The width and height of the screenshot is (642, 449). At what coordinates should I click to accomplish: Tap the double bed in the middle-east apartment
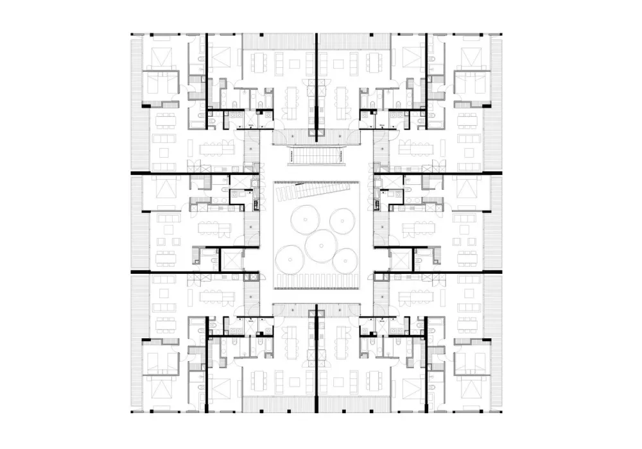click(471, 189)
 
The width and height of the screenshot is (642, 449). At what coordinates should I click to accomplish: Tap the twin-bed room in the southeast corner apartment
click(412, 388)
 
